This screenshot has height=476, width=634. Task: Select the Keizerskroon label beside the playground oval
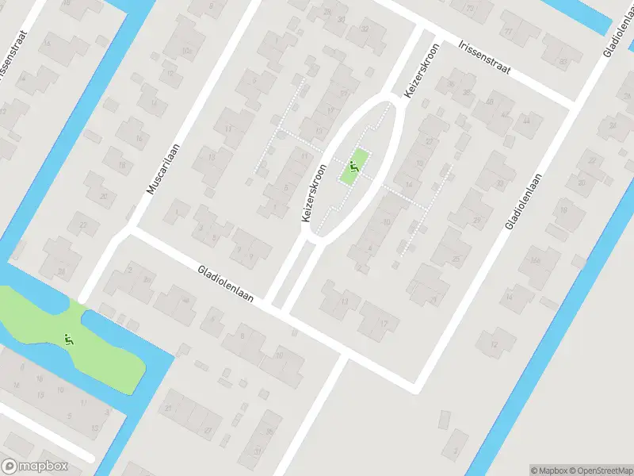(314, 193)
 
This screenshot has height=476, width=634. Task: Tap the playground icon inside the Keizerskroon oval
(354, 167)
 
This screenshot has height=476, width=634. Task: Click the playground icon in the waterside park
(69, 340)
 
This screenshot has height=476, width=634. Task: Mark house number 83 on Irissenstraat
(563, 60)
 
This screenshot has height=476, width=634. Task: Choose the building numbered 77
(508, 32)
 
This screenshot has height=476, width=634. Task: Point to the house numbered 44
(526, 121)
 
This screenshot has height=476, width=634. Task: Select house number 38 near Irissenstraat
(467, 93)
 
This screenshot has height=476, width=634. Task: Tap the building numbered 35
(269, 432)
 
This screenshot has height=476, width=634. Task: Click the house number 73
(470, 9)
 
